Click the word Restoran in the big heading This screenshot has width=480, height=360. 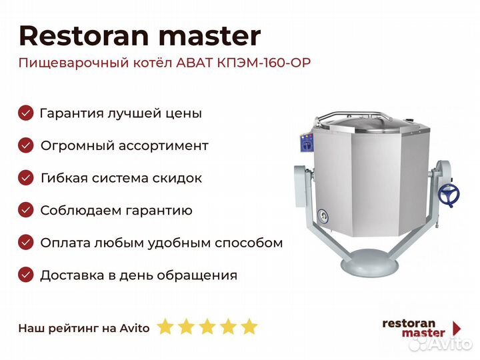83,36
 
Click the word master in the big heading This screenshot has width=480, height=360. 210,37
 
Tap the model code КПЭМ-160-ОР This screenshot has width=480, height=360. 264,63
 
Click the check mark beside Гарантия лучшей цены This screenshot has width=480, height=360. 26,113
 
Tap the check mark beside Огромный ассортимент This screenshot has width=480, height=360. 26,145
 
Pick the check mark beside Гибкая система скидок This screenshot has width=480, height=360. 26,178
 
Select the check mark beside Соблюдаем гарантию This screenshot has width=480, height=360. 26,210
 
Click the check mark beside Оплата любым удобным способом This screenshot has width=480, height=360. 26,243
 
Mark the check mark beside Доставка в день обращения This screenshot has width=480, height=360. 26,275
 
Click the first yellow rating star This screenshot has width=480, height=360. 165,326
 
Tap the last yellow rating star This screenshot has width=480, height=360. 249,326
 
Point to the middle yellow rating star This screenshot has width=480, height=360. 207,326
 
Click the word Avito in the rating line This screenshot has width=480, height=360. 135,328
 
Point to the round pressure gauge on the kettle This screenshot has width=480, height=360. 323,216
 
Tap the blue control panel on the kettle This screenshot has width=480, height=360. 307,143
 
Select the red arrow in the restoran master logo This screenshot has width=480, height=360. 457,328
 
